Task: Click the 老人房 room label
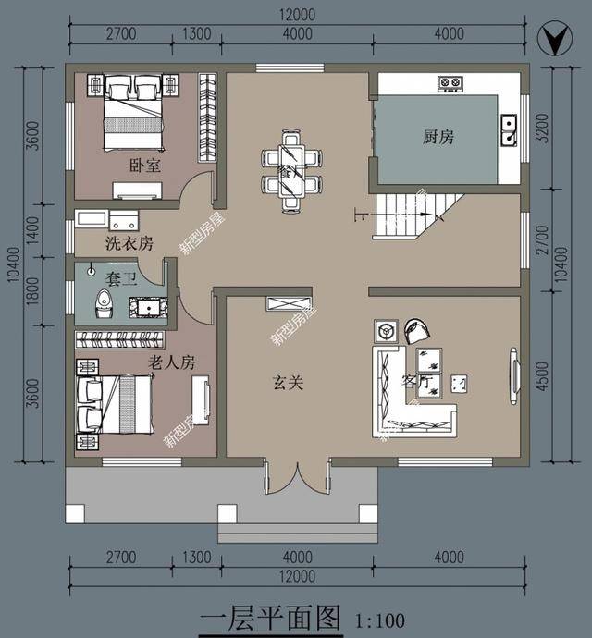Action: point(172,362)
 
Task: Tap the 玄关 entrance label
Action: point(288,381)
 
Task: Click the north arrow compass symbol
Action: point(553,41)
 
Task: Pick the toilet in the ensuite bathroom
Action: point(103,303)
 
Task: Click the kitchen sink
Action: point(509,129)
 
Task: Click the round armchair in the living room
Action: point(415,330)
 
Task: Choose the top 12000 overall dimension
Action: point(295,15)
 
